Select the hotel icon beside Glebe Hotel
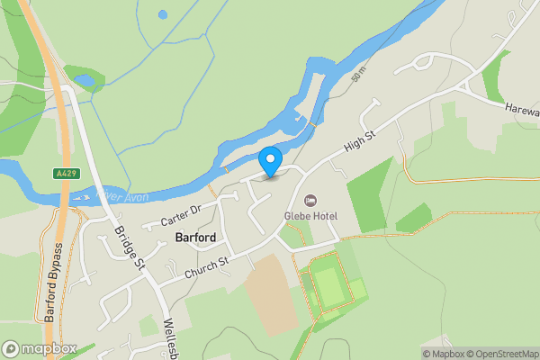click(x=310, y=199)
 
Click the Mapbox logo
click(x=38, y=348)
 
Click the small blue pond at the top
click(x=162, y=14)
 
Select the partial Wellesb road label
click(x=173, y=337)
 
